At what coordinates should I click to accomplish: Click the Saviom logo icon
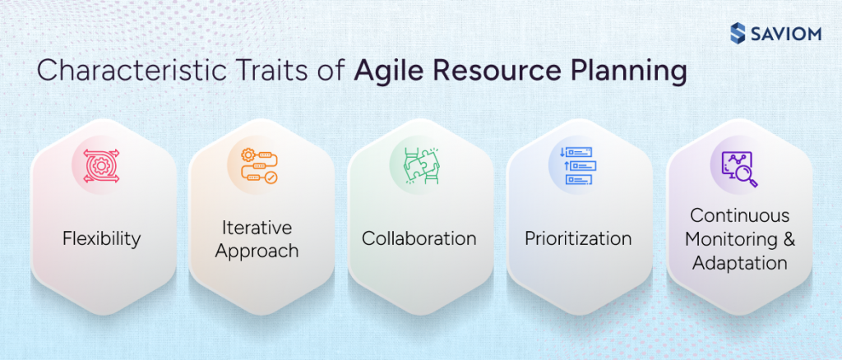point(738,33)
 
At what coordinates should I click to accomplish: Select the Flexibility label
point(101,239)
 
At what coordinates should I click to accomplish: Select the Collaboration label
point(419,239)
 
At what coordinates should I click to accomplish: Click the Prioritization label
point(578,239)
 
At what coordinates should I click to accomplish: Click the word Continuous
point(739,216)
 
